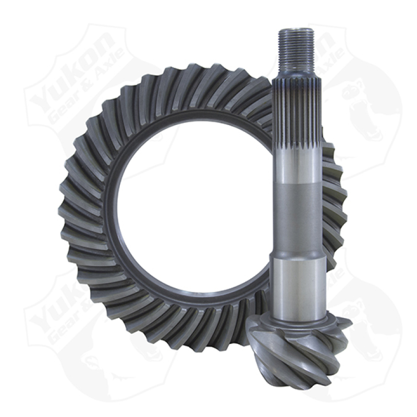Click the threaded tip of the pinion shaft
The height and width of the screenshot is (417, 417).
(296, 50)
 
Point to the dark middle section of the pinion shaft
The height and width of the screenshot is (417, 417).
(296, 219)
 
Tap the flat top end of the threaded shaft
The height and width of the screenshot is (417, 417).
(296, 30)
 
